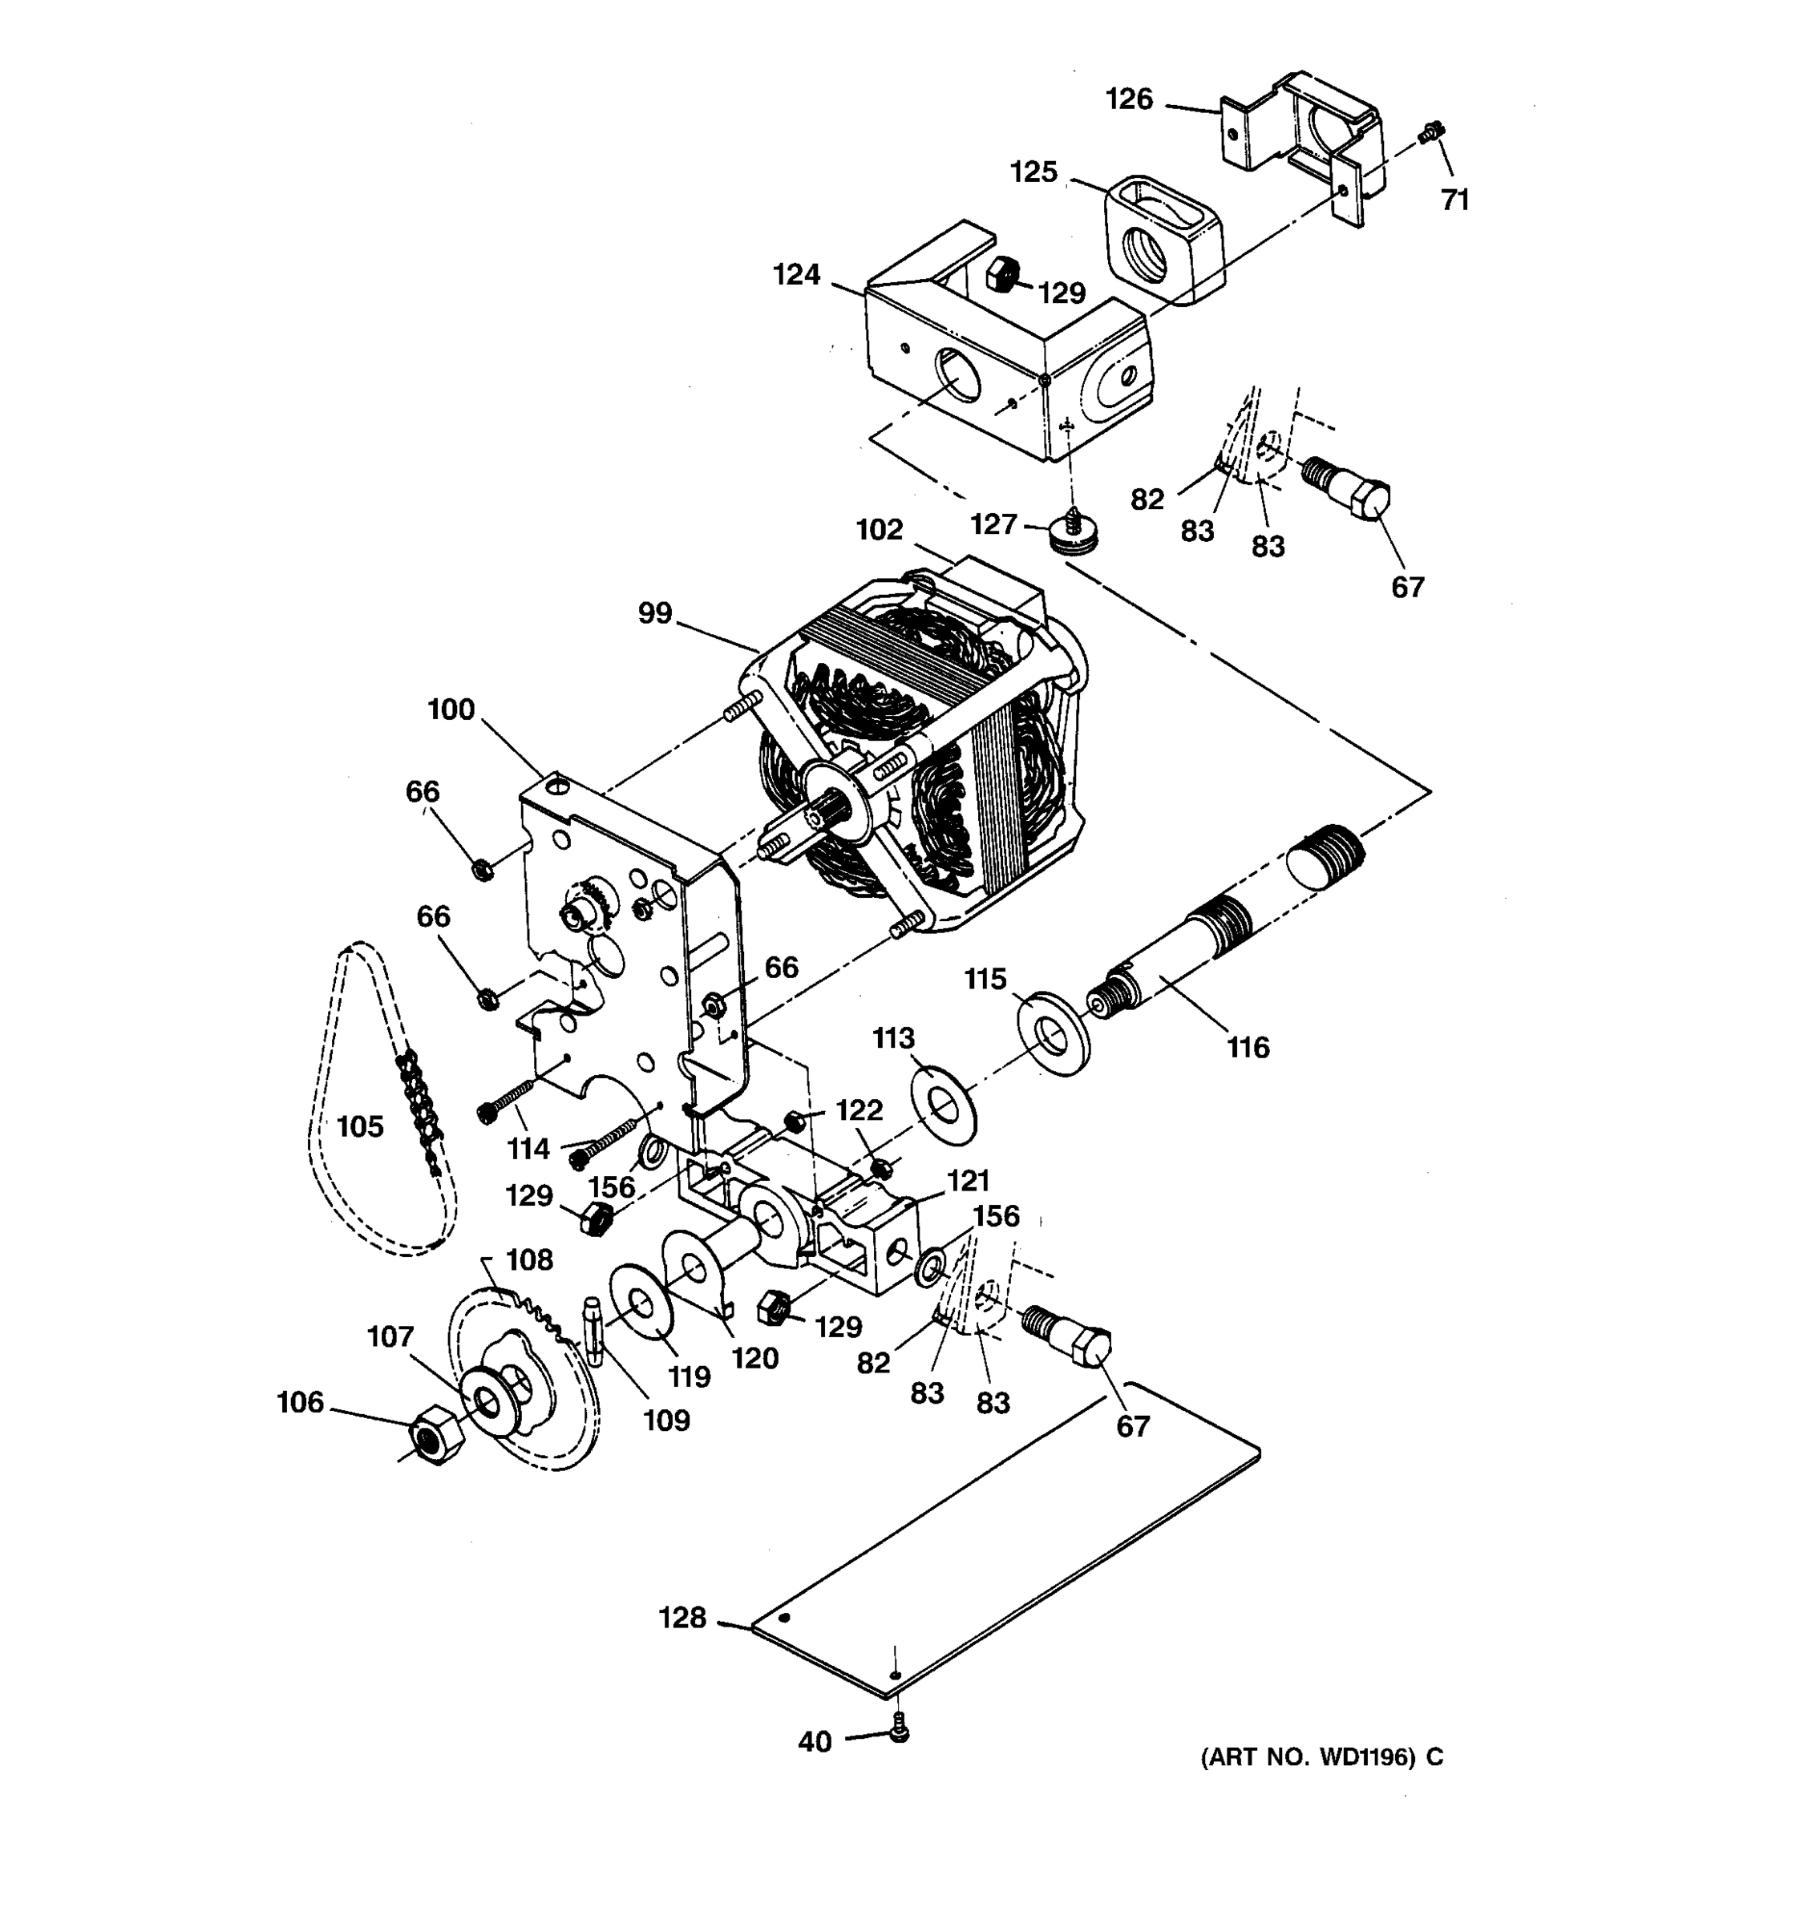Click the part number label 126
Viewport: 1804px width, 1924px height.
[1130, 99]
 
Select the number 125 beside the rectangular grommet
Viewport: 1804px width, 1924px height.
[1033, 172]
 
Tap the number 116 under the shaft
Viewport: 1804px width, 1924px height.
[1248, 1047]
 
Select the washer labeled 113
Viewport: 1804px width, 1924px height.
[944, 1103]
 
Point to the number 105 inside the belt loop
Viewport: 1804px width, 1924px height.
[360, 1126]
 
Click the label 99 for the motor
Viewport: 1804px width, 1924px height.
[655, 612]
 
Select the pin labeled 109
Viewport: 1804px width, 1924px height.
[593, 1330]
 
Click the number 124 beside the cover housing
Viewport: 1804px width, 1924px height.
[796, 275]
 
